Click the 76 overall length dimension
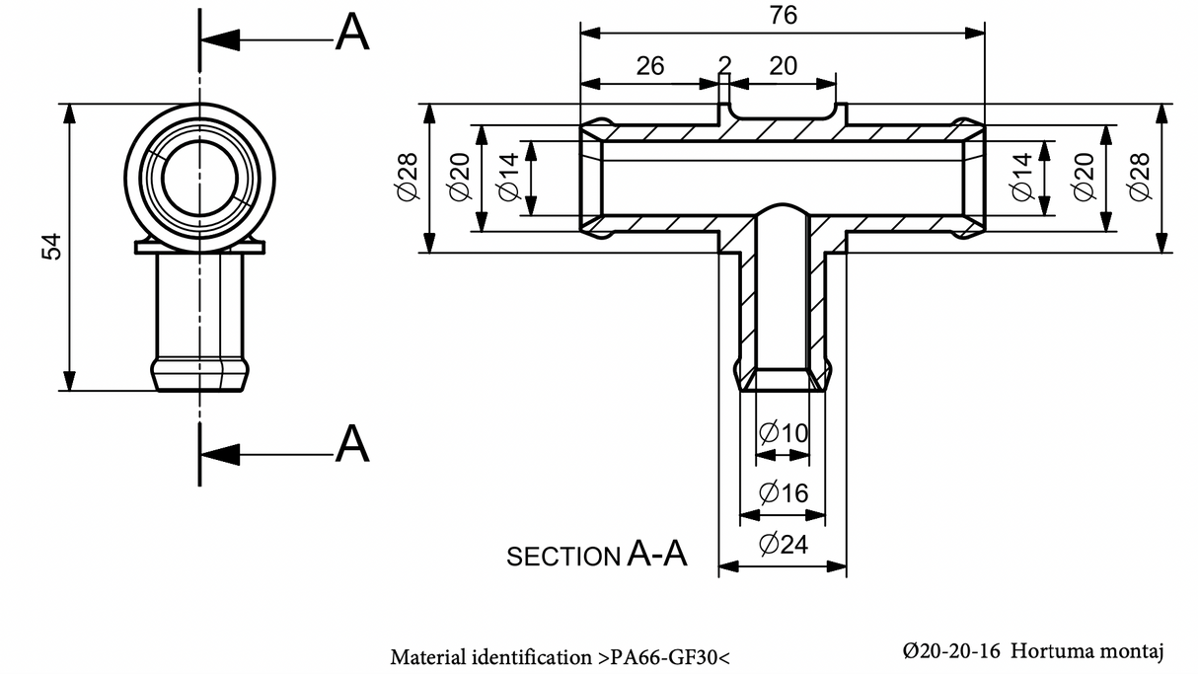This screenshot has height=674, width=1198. pyautogui.click(x=783, y=16)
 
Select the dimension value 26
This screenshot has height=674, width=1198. pyautogui.click(x=649, y=66)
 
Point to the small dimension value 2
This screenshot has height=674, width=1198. pyautogui.click(x=725, y=66)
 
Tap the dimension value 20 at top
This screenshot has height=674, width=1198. pyautogui.click(x=783, y=66)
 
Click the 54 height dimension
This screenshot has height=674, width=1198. pyautogui.click(x=51, y=247)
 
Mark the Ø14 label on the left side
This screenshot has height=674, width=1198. pyautogui.click(x=509, y=178)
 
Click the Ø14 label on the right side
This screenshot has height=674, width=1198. pyautogui.click(x=1022, y=178)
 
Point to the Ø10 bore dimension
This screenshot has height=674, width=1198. pyautogui.click(x=783, y=432)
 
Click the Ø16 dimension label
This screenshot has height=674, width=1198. pyautogui.click(x=783, y=492)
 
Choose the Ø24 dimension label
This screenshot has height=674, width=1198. pyautogui.click(x=783, y=544)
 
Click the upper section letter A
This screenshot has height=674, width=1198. pyautogui.click(x=352, y=34)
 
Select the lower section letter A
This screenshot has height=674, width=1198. pyautogui.click(x=352, y=445)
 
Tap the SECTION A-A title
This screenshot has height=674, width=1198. pyautogui.click(x=596, y=555)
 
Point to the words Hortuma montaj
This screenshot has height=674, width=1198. pyautogui.click(x=1088, y=651)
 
